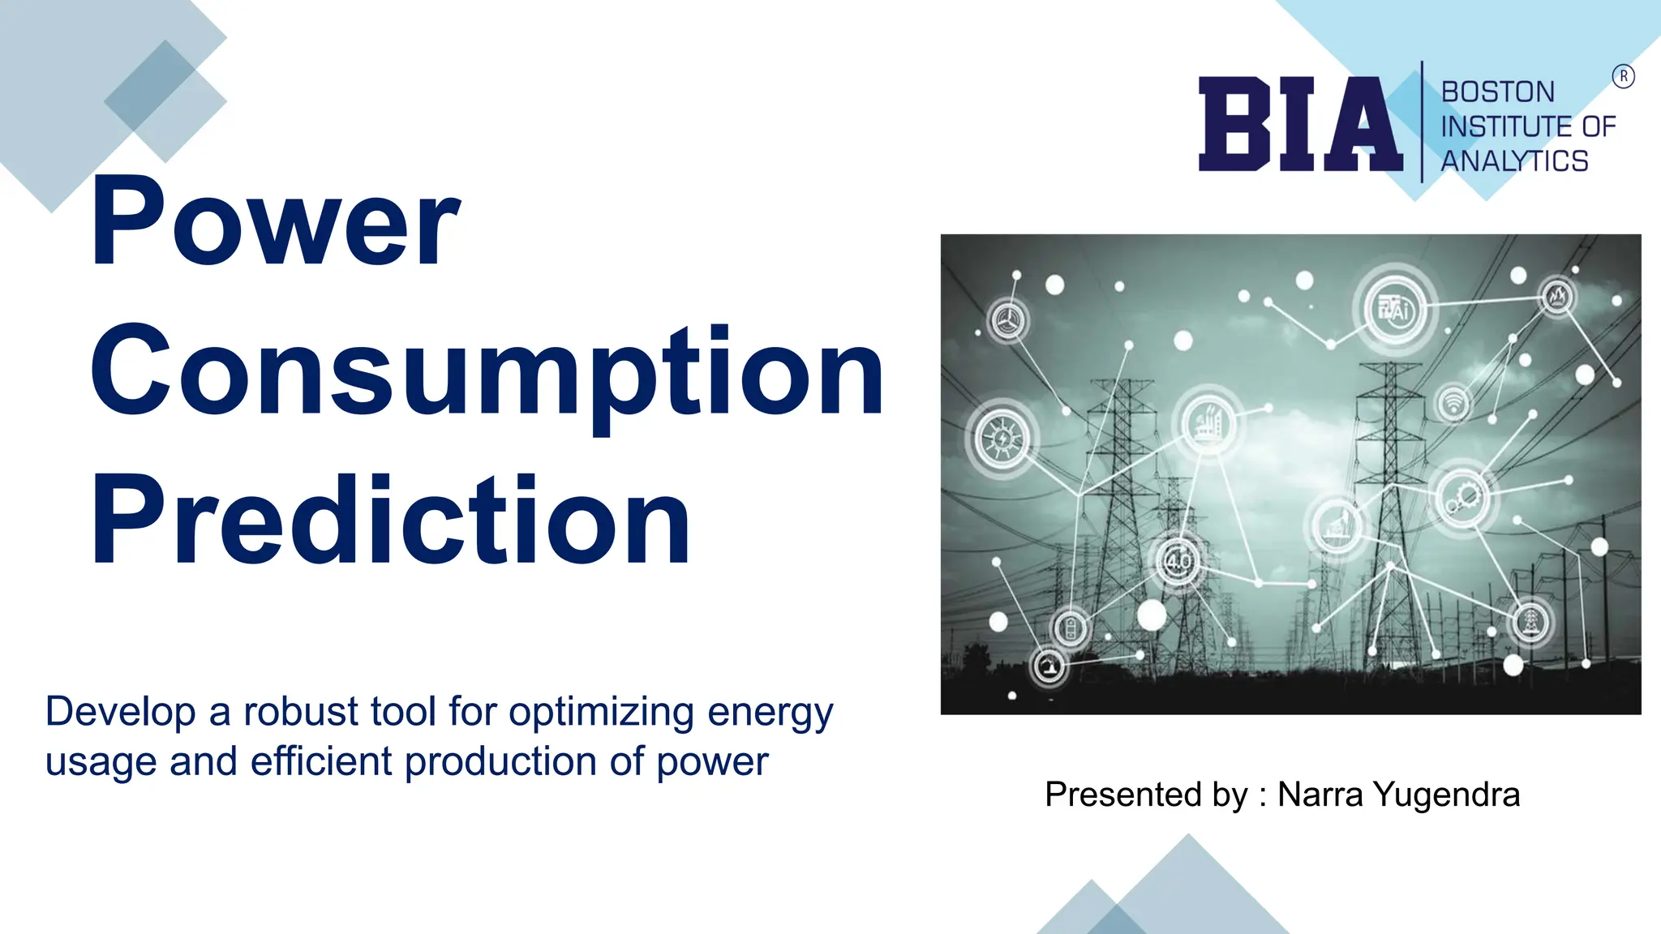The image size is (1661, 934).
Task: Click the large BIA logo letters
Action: click(1300, 124)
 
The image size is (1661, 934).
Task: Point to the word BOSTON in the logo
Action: click(1497, 92)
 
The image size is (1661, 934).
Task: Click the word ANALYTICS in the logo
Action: click(1513, 161)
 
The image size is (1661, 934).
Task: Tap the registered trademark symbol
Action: click(1623, 76)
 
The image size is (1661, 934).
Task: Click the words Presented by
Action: click(1146, 795)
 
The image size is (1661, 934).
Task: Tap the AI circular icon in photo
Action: click(1396, 310)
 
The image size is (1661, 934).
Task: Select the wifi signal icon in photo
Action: click(1453, 403)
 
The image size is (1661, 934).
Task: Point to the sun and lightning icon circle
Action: click(1002, 439)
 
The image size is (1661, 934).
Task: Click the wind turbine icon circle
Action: click(1008, 320)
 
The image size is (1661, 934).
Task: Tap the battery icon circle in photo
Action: click(1071, 628)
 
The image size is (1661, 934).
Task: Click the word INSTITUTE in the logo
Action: click(1494, 126)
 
